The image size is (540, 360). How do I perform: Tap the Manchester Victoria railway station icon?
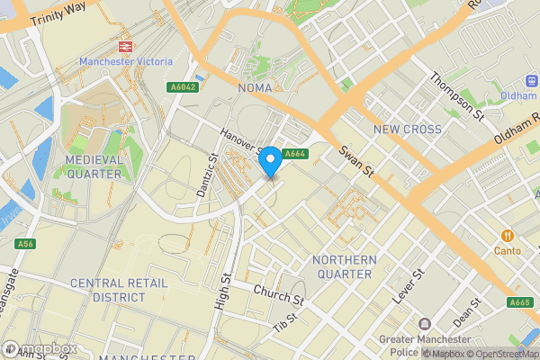click(123, 44)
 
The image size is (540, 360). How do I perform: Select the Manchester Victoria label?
click(124, 61)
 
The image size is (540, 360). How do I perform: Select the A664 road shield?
click(295, 155)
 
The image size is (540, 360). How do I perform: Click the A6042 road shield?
click(183, 87)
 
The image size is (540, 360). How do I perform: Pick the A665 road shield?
click(519, 302)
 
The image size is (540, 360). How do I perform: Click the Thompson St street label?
click(468, 98)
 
